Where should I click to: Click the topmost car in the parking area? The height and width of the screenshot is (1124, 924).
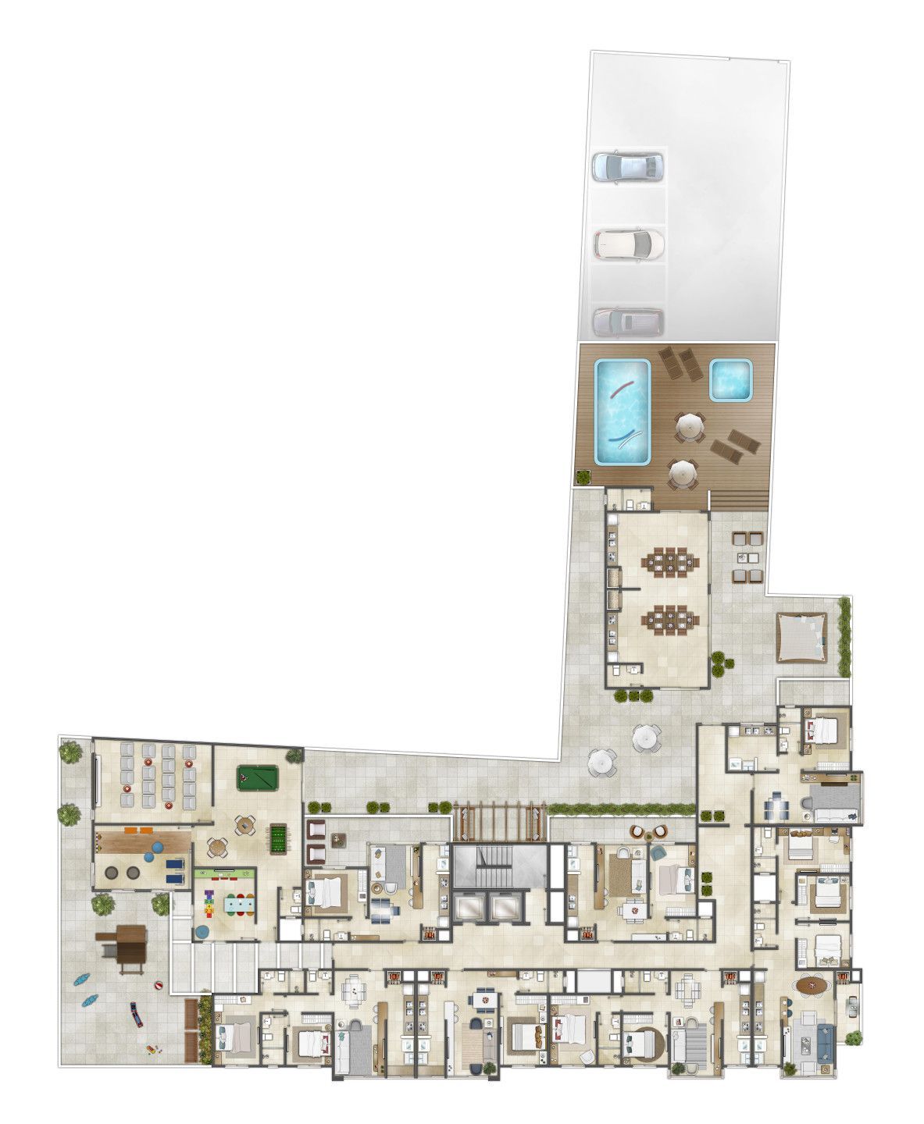point(627,165)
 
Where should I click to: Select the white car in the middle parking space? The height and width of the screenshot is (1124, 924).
point(628,244)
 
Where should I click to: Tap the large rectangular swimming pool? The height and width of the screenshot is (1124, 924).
point(623,411)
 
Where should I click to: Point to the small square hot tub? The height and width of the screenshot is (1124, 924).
point(732,379)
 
